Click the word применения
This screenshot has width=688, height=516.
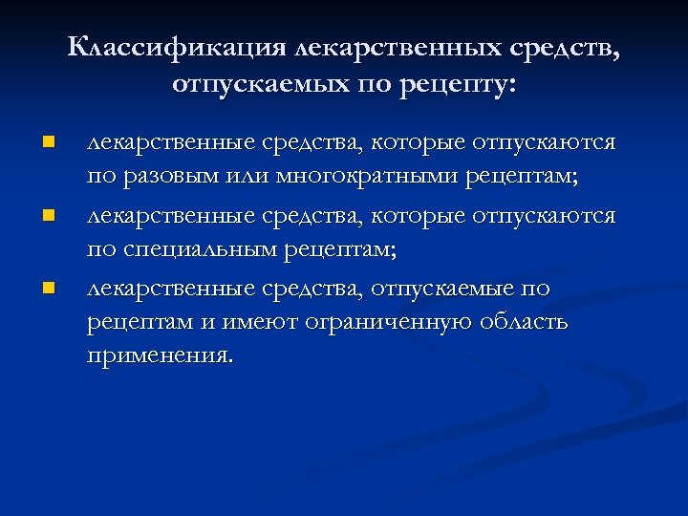(159, 357)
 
